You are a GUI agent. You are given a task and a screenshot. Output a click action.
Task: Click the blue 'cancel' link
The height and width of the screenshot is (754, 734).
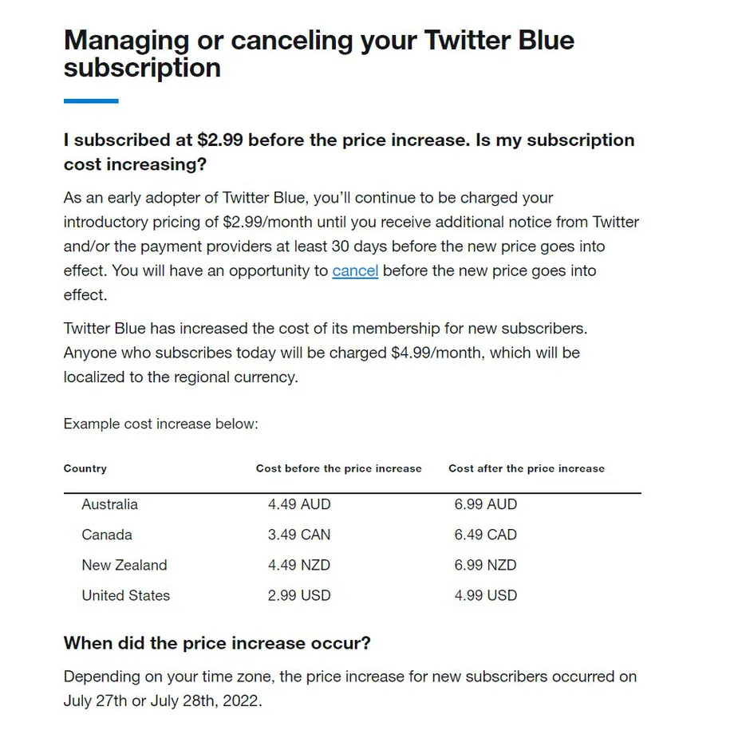pos(355,270)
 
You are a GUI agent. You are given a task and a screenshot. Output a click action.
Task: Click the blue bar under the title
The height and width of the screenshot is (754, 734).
pos(91,101)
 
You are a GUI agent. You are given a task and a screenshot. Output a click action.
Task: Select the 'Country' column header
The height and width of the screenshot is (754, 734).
pos(85,468)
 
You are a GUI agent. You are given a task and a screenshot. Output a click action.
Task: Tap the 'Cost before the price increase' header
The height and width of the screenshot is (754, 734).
pos(338,468)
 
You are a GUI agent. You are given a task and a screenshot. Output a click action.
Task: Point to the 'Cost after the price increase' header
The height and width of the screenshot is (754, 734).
pos(527,468)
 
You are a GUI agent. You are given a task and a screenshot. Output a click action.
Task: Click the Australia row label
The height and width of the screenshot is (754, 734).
pos(109,504)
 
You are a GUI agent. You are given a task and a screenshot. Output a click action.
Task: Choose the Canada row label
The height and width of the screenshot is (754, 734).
pos(107,535)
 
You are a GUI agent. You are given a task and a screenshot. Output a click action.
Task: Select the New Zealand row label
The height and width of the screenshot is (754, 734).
pos(124,565)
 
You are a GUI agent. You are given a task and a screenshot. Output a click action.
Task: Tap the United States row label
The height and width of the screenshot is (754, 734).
pos(125,595)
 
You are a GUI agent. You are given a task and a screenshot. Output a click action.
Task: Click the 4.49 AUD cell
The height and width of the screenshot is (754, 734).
pos(299,504)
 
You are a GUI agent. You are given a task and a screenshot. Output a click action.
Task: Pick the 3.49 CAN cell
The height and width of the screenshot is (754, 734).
pos(299,535)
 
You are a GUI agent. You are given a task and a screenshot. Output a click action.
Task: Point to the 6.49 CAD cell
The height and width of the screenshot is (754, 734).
pos(486,535)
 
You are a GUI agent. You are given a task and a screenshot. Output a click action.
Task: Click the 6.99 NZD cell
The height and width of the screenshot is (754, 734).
pos(486,565)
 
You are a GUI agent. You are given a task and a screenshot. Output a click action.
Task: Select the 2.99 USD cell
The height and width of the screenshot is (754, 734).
pos(299,595)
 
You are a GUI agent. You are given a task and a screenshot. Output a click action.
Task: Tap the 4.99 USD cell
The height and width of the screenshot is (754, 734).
pos(486,595)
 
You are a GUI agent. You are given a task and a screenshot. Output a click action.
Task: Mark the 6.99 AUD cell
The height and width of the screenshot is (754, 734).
pos(486,504)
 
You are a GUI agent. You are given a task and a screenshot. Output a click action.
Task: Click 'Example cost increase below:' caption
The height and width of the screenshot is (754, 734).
pos(161,424)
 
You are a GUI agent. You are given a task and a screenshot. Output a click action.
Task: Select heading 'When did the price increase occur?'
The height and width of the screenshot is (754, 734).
pos(217,643)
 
